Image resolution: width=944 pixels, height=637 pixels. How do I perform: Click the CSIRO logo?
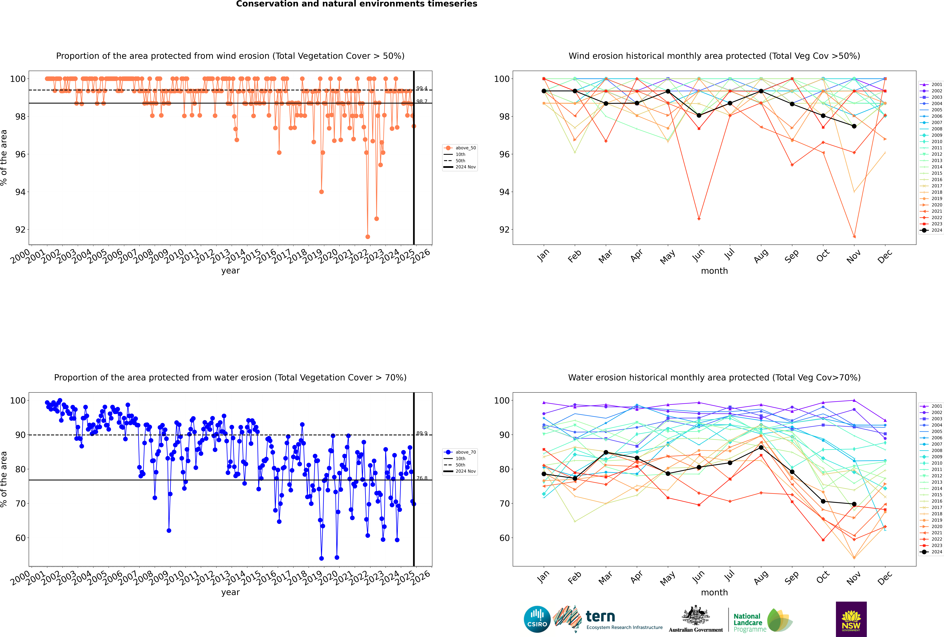coord(537,619)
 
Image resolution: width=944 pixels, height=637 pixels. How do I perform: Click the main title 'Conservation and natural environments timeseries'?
coord(356,4)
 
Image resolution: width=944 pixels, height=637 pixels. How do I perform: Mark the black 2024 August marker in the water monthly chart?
coord(761,448)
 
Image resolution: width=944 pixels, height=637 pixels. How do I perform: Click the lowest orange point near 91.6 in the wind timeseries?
coord(368,237)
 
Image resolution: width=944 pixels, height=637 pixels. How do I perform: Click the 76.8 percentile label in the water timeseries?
coord(422,478)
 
